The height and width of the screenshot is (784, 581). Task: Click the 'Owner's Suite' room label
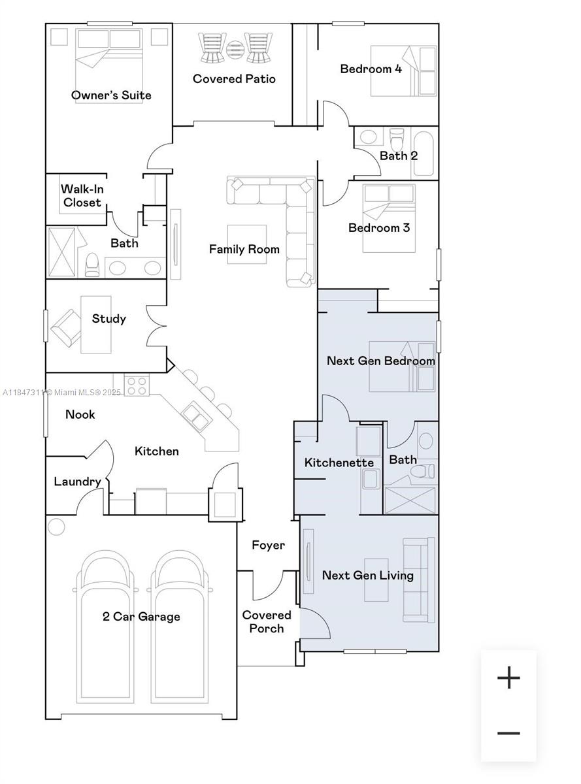pos(111,95)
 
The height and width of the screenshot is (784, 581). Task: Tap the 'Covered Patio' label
pos(234,79)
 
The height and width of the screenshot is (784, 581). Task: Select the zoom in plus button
pos(508,678)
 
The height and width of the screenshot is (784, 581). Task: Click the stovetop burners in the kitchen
pos(137,385)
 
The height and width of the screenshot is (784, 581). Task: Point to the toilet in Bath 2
pos(397,139)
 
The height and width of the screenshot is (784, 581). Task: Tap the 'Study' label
pos(108,319)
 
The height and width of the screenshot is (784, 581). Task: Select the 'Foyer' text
pos(268,545)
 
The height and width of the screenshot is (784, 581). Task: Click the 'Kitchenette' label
pos(339,463)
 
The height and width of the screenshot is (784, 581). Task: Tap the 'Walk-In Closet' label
pos(82,196)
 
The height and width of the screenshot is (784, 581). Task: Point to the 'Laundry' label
pos(77,482)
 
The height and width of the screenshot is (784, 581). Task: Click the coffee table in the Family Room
pos(246,244)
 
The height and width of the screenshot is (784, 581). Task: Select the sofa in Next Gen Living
pos(418,580)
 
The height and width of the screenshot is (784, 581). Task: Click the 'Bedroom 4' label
pos(371,69)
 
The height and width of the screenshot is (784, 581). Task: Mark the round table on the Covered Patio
pos(234,48)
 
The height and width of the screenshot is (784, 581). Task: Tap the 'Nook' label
pos(80,414)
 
